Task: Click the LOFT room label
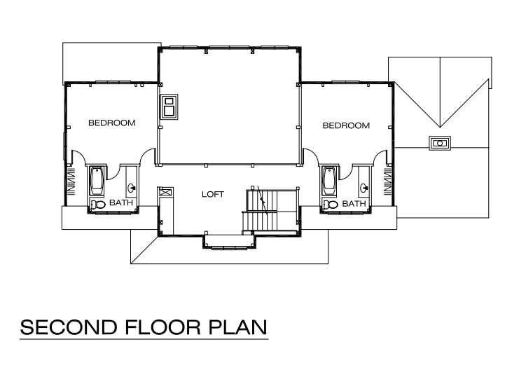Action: pyautogui.click(x=213, y=194)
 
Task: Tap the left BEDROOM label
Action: pyautogui.click(x=112, y=123)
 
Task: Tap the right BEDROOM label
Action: pyautogui.click(x=346, y=125)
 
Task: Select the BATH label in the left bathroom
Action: pyautogui.click(x=121, y=202)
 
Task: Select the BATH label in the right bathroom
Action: pyautogui.click(x=354, y=204)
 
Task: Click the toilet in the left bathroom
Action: pyautogui.click(x=98, y=205)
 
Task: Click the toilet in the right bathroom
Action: pyautogui.click(x=331, y=205)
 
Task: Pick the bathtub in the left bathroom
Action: pyautogui.click(x=97, y=181)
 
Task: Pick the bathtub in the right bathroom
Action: pyautogui.click(x=329, y=181)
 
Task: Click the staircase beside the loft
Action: pyautogui.click(x=270, y=211)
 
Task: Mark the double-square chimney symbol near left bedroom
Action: pyautogui.click(x=169, y=106)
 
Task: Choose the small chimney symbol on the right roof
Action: pyautogui.click(x=440, y=143)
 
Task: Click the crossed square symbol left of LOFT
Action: pyautogui.click(x=165, y=192)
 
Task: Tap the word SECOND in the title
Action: pyautogui.click(x=69, y=327)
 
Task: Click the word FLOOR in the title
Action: pyautogui.click(x=163, y=327)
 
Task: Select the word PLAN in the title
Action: pyautogui.click(x=238, y=327)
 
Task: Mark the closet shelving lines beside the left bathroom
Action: pyautogui.click(x=71, y=181)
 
